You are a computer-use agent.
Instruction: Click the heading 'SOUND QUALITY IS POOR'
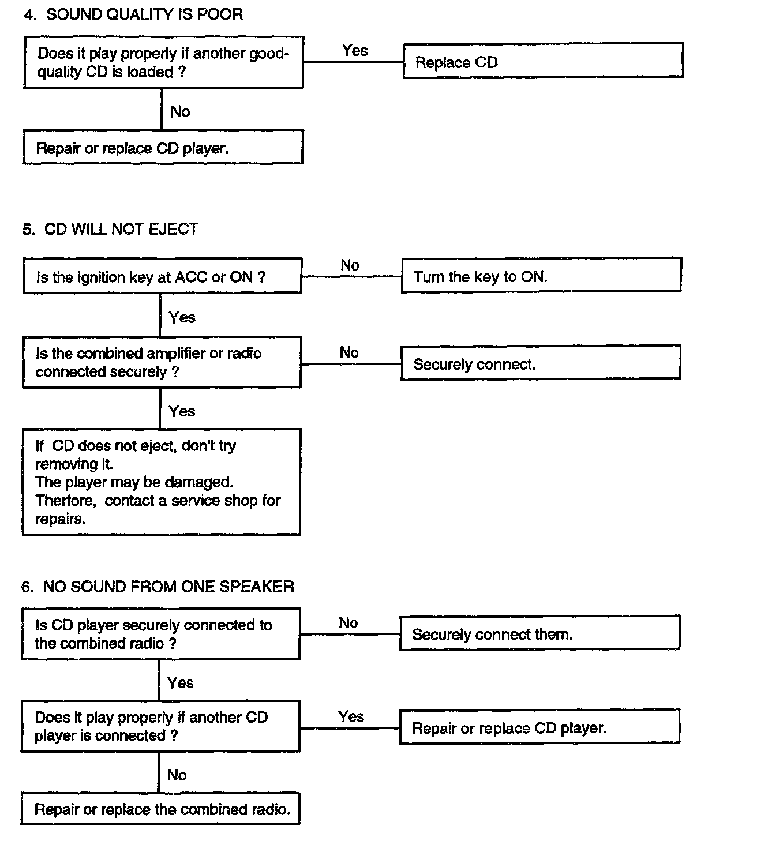[144, 15]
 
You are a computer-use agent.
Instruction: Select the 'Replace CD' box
[543, 61]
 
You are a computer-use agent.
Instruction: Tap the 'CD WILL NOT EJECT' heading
[121, 229]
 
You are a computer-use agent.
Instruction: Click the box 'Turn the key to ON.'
[541, 275]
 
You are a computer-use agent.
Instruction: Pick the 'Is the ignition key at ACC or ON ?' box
[163, 276]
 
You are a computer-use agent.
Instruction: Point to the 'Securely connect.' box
[541, 362]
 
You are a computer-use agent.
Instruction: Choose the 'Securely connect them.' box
[539, 633]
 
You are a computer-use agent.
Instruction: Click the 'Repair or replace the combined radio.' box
[160, 808]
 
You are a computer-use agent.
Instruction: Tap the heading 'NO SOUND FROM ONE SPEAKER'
[168, 587]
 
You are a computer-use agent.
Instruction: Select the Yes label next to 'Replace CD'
[355, 51]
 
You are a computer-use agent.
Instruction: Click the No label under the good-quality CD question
[180, 112]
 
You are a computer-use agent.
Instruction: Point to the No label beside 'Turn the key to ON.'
[350, 265]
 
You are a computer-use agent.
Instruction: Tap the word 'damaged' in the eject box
[198, 482]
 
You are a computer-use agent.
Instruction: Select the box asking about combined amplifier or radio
[162, 362]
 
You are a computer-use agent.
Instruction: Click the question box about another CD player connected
[160, 726]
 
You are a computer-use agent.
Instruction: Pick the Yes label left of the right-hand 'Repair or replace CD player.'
[351, 716]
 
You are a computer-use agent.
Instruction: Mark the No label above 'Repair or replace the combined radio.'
[177, 775]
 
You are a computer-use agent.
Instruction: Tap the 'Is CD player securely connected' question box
[161, 634]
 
